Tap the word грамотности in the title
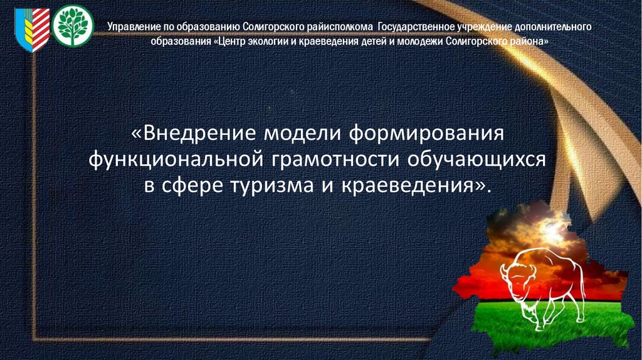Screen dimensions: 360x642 click(x=335, y=159)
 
